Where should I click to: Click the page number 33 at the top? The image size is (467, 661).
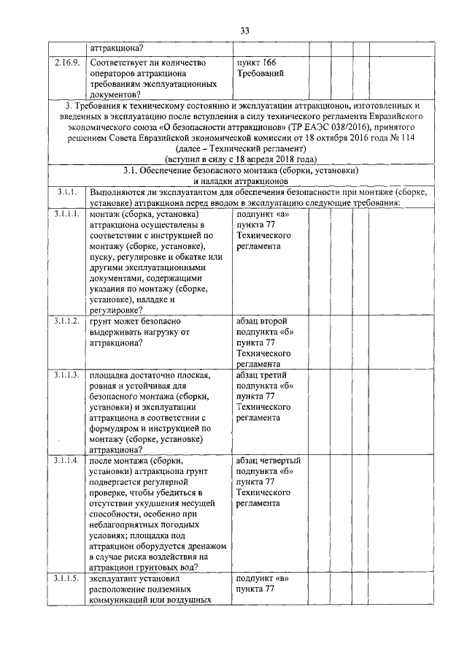click(244, 30)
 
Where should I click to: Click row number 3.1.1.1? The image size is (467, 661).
click(68, 215)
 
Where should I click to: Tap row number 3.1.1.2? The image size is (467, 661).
click(68, 321)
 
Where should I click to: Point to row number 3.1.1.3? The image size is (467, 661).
click(68, 375)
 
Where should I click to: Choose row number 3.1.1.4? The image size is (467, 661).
click(68, 461)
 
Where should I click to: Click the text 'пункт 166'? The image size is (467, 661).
click(256, 63)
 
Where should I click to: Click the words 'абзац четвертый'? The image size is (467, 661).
click(269, 461)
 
